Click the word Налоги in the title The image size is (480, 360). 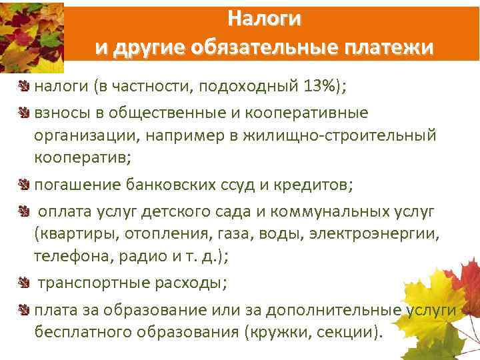click(x=264, y=18)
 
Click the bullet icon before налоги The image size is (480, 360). click(x=24, y=86)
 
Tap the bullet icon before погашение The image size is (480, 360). click(x=24, y=185)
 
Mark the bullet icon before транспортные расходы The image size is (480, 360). click(x=24, y=283)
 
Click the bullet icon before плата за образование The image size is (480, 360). click(x=24, y=311)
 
